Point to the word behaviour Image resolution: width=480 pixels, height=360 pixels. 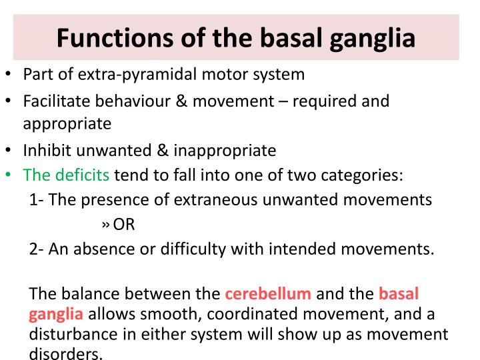(129, 101)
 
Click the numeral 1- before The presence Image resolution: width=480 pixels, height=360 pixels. (37, 200)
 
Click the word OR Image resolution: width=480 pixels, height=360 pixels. (124, 225)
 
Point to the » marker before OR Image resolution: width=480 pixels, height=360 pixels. (105, 225)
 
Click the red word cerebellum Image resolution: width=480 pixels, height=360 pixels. (268, 293)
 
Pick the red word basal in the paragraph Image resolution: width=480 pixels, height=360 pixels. (398, 293)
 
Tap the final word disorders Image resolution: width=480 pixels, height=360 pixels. (66, 353)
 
